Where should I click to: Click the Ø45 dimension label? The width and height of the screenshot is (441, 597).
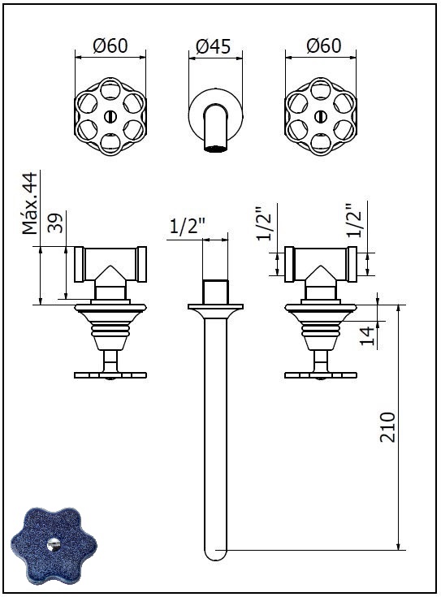(x=214, y=47)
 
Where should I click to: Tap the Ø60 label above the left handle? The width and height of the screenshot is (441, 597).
(x=110, y=45)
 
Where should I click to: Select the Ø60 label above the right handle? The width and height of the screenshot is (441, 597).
(x=324, y=45)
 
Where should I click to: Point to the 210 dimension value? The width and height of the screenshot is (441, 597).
(x=387, y=426)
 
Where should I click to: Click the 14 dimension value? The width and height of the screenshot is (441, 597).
(x=367, y=335)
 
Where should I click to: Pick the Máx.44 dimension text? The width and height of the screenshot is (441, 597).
(x=30, y=203)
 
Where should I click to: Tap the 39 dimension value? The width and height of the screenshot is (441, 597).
(x=55, y=222)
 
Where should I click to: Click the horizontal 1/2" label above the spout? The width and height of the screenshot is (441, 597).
(x=188, y=227)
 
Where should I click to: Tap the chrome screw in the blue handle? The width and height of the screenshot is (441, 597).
(x=54, y=545)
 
